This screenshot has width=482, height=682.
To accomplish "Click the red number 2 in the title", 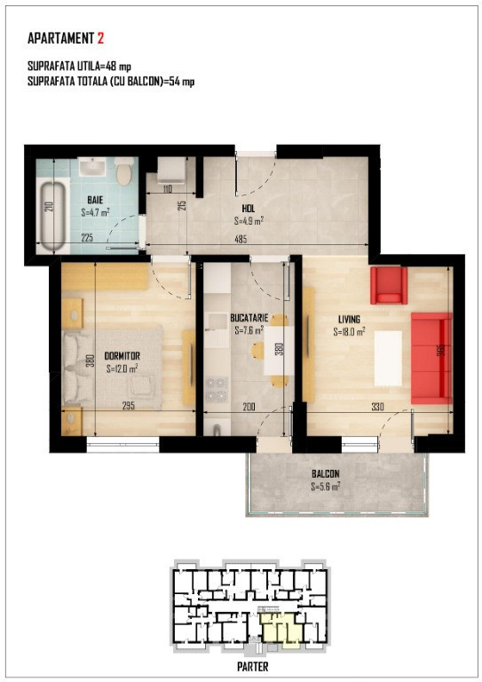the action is pyautogui.click(x=100, y=38).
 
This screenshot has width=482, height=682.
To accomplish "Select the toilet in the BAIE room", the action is pyautogui.click(x=125, y=170).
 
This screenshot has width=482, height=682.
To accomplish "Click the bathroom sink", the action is pyautogui.click(x=92, y=167).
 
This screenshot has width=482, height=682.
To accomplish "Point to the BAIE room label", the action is pyautogui.click(x=95, y=200).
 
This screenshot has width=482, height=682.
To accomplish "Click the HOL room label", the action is pyautogui.click(x=249, y=209).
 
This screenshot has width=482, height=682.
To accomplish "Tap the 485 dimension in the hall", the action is pyautogui.click(x=241, y=239).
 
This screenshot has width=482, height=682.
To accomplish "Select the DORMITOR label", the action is pyautogui.click(x=122, y=356).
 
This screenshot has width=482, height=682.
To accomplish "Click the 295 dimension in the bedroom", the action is pyautogui.click(x=129, y=406).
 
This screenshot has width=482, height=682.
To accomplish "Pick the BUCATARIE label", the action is pyautogui.click(x=249, y=318).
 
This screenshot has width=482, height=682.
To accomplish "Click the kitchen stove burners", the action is pyautogui.click(x=217, y=390).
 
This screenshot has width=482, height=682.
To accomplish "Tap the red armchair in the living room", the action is pyautogui.click(x=389, y=285).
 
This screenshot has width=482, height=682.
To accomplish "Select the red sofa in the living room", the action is pyautogui.click(x=431, y=359).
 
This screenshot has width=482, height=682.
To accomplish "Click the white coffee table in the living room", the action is pyautogui.click(x=388, y=358).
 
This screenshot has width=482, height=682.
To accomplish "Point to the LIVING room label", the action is pyautogui.click(x=349, y=320).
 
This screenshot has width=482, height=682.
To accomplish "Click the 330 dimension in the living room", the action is pyautogui.click(x=377, y=407).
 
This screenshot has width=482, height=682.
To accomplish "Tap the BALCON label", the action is pyautogui.click(x=326, y=473).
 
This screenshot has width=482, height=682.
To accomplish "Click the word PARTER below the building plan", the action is pyautogui.click(x=252, y=666).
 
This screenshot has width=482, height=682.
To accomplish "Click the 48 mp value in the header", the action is pyautogui.click(x=118, y=66).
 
